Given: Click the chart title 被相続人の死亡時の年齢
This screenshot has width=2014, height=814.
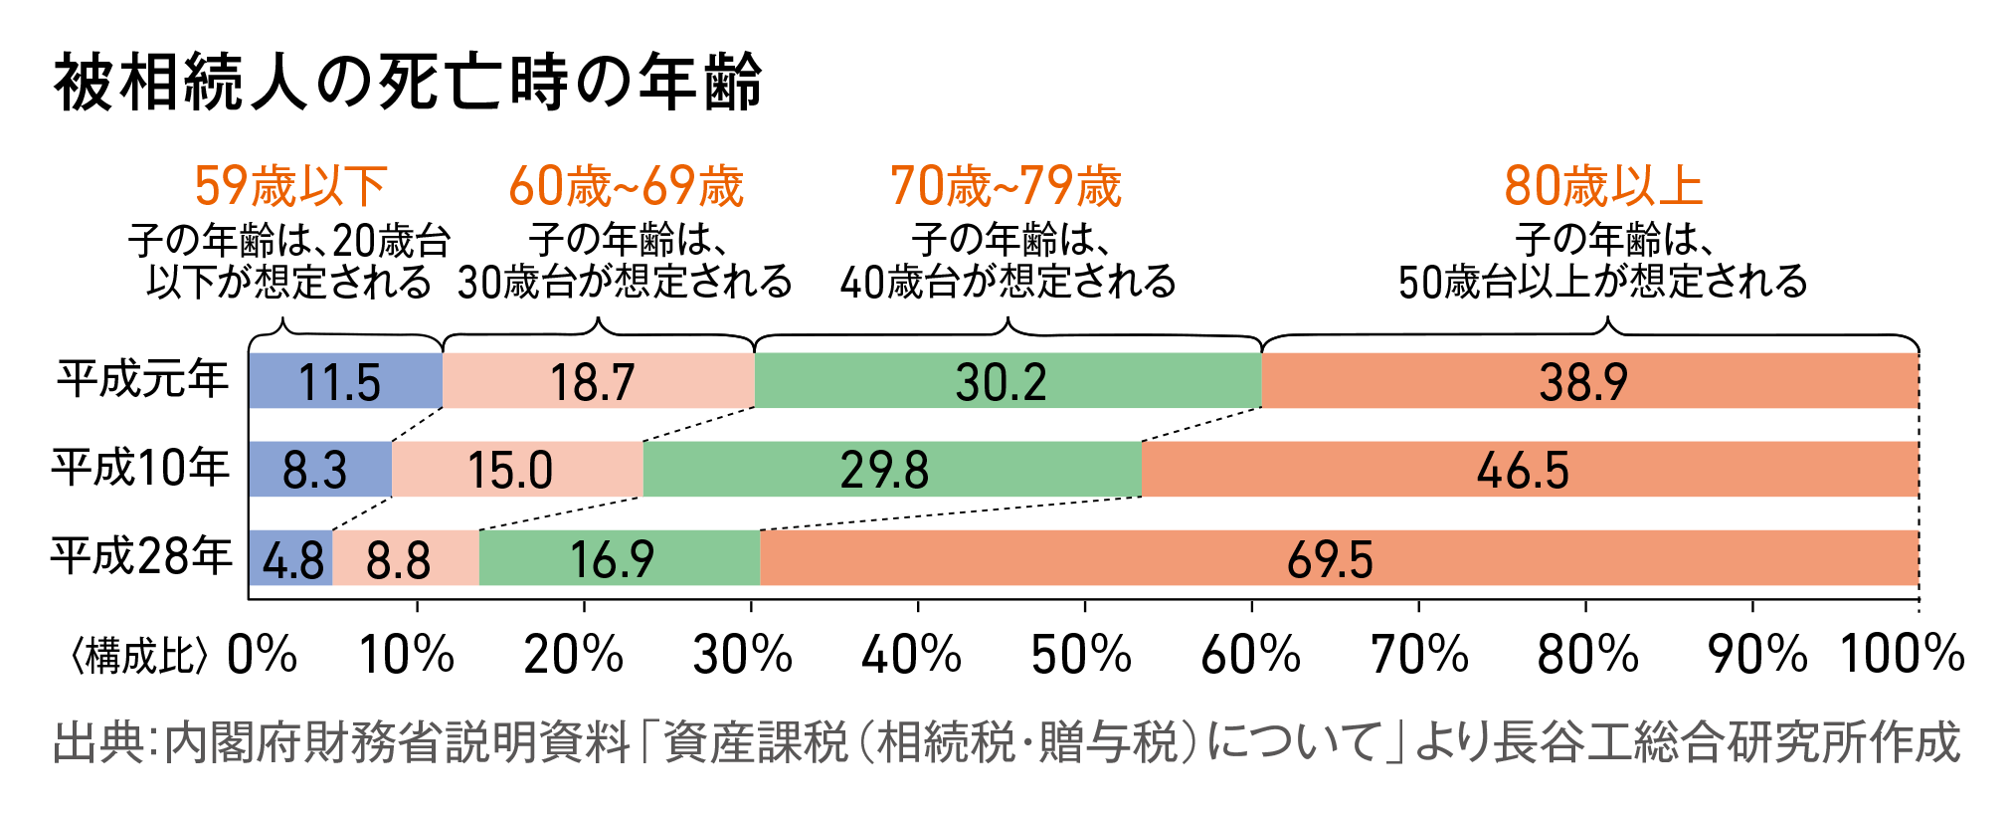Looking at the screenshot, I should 408,82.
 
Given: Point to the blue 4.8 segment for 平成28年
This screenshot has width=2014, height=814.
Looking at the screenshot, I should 290,558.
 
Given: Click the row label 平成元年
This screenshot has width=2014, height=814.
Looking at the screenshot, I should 142,379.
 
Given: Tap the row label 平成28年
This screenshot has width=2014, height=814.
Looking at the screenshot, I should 141,556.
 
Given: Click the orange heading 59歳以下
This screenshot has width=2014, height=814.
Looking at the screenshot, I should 290,186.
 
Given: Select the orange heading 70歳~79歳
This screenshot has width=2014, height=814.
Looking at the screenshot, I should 1006,186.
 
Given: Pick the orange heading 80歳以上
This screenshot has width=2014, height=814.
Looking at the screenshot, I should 1603,186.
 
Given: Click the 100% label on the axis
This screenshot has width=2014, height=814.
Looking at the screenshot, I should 1902,655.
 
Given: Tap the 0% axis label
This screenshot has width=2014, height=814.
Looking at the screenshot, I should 262,655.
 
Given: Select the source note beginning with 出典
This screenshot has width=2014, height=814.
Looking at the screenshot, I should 1006,742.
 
